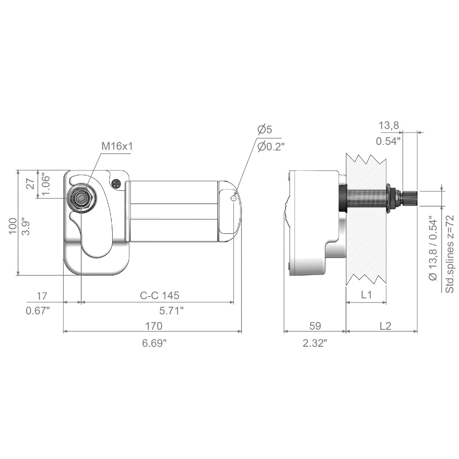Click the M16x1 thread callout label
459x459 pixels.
[x=117, y=146]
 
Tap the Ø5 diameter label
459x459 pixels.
[x=265, y=129]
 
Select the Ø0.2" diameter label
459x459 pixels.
[x=271, y=146]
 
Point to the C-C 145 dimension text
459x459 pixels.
[x=159, y=295]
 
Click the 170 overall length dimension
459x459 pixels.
[x=154, y=326]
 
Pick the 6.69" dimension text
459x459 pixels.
[x=154, y=343]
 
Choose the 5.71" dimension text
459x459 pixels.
[x=172, y=311]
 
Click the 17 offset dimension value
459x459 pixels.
[x=42, y=296]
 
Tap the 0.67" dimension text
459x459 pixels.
[x=38, y=311]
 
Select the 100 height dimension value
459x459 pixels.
[x=13, y=226]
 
